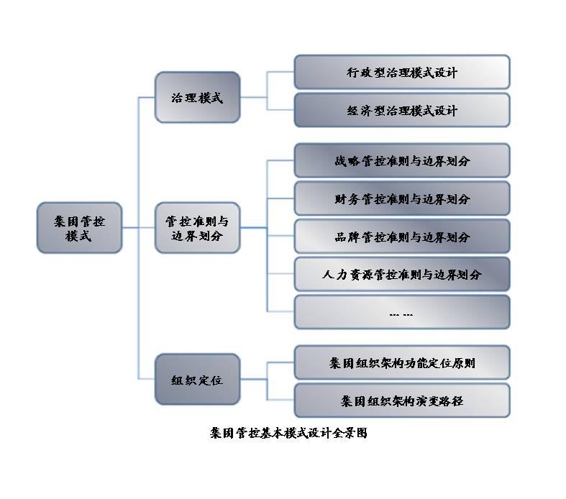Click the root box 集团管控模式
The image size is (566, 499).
[79, 227]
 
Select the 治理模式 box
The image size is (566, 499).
[197, 97]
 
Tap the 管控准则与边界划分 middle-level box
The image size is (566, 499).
[197, 227]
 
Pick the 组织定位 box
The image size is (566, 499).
[197, 379]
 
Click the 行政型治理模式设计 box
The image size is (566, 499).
[401, 73]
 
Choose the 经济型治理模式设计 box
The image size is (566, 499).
[401, 111]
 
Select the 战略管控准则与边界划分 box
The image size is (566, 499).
[401, 161]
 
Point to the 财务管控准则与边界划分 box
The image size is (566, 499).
[401, 198]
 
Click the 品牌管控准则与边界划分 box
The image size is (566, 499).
[401, 237]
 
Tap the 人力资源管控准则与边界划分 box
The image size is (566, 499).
[401, 275]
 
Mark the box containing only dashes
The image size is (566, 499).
[401, 313]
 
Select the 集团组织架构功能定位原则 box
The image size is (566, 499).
[401, 363]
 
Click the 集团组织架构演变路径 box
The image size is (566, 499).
[401, 400]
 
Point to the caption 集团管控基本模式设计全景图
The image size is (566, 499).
[288, 434]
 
